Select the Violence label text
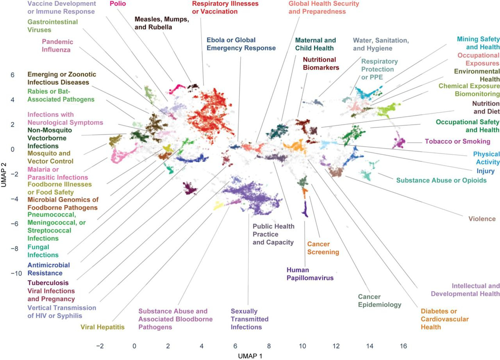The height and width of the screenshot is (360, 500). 482,219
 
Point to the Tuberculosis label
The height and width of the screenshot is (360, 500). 48,283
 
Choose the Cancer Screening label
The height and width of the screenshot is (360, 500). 323,248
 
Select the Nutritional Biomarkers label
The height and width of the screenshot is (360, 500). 319,63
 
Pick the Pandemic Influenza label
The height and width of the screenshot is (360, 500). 57,46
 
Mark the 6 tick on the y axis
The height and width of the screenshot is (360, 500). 13,74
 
